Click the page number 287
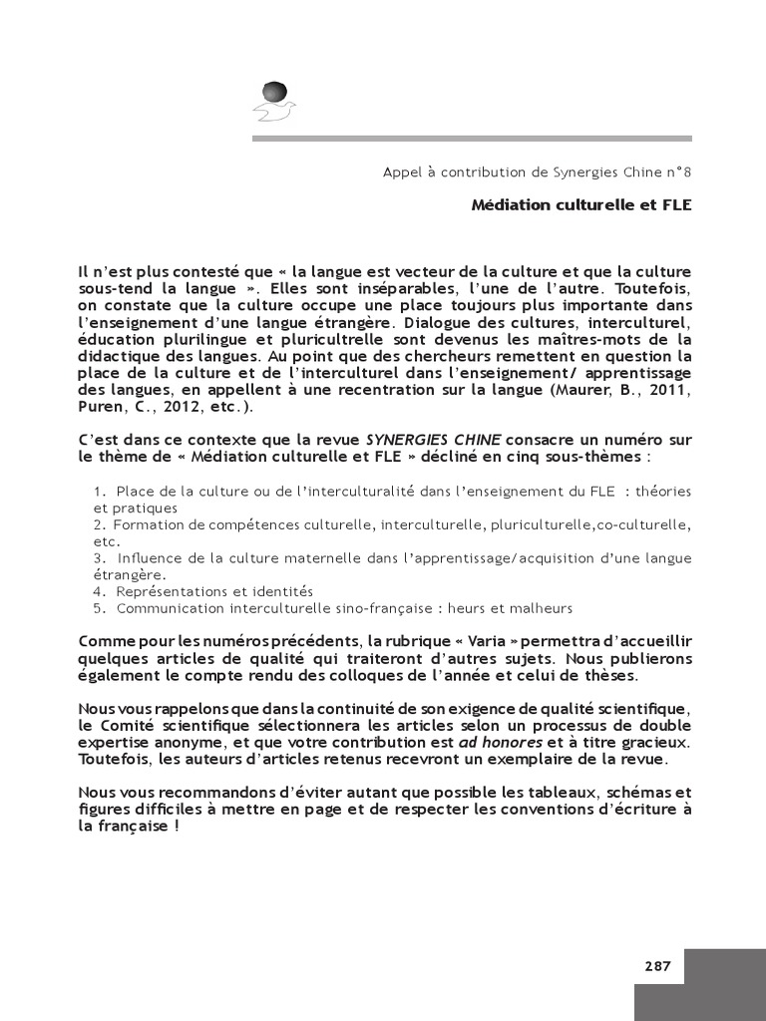(x=657, y=965)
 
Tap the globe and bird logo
(x=273, y=101)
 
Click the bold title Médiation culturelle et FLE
(x=581, y=205)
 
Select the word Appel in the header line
(x=403, y=171)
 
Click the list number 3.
(x=99, y=558)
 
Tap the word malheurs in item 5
(x=541, y=608)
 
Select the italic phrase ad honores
(x=501, y=742)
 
